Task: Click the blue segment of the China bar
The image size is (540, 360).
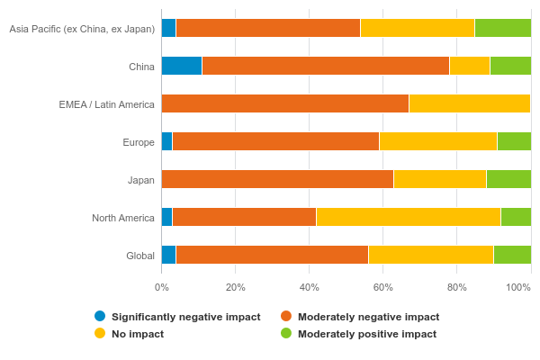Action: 182,66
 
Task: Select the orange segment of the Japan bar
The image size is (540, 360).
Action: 277,179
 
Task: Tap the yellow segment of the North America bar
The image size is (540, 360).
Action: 409,217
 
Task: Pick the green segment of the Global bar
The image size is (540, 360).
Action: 512,255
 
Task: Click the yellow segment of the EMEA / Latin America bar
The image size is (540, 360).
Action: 470,103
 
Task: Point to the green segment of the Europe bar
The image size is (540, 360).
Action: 514,141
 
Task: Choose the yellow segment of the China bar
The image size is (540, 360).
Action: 470,66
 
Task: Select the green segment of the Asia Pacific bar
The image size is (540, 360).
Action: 502,28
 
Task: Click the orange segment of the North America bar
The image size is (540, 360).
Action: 244,217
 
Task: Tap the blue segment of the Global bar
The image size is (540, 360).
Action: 168,255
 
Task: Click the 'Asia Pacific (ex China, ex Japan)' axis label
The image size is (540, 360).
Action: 82,29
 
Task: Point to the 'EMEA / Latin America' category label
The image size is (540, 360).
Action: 107,104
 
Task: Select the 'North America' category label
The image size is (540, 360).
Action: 123,218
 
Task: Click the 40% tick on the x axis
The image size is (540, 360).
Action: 309,287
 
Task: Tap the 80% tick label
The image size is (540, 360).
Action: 456,287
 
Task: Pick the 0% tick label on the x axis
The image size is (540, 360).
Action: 161,287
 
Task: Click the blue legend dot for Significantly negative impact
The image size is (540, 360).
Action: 100,316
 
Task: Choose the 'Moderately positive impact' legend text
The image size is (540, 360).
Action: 367,334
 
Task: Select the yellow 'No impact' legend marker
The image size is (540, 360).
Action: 100,333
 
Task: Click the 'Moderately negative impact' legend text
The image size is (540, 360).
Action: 368,317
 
